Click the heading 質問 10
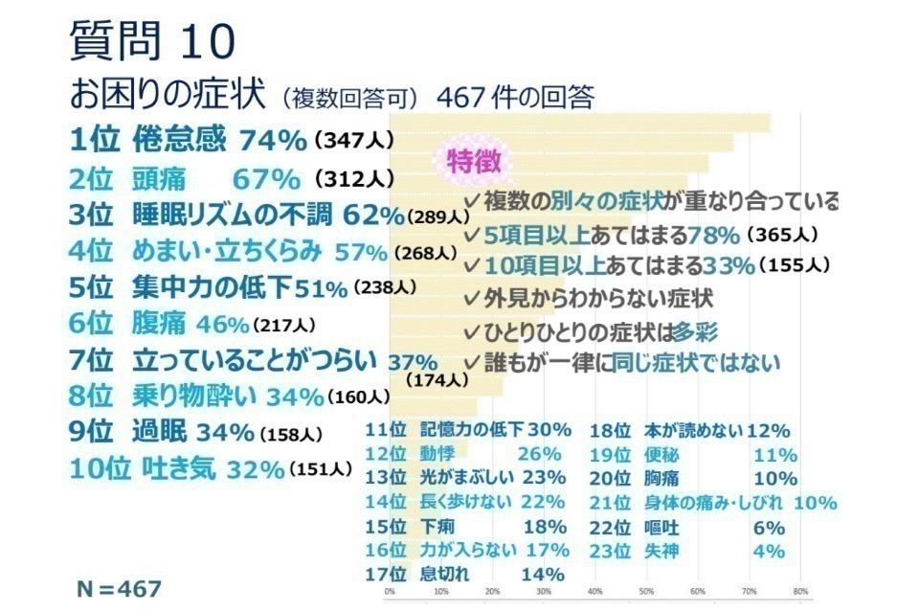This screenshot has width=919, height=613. [x=152, y=41]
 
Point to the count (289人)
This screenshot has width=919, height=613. [x=437, y=217]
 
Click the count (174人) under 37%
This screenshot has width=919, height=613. [x=437, y=380]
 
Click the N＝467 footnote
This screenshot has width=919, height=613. [x=120, y=586]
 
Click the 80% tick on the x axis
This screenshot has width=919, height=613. [x=801, y=591]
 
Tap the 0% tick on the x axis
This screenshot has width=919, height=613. [x=390, y=591]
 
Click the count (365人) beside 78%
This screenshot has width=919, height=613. [x=783, y=234]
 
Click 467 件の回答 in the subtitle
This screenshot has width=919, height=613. [x=515, y=98]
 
